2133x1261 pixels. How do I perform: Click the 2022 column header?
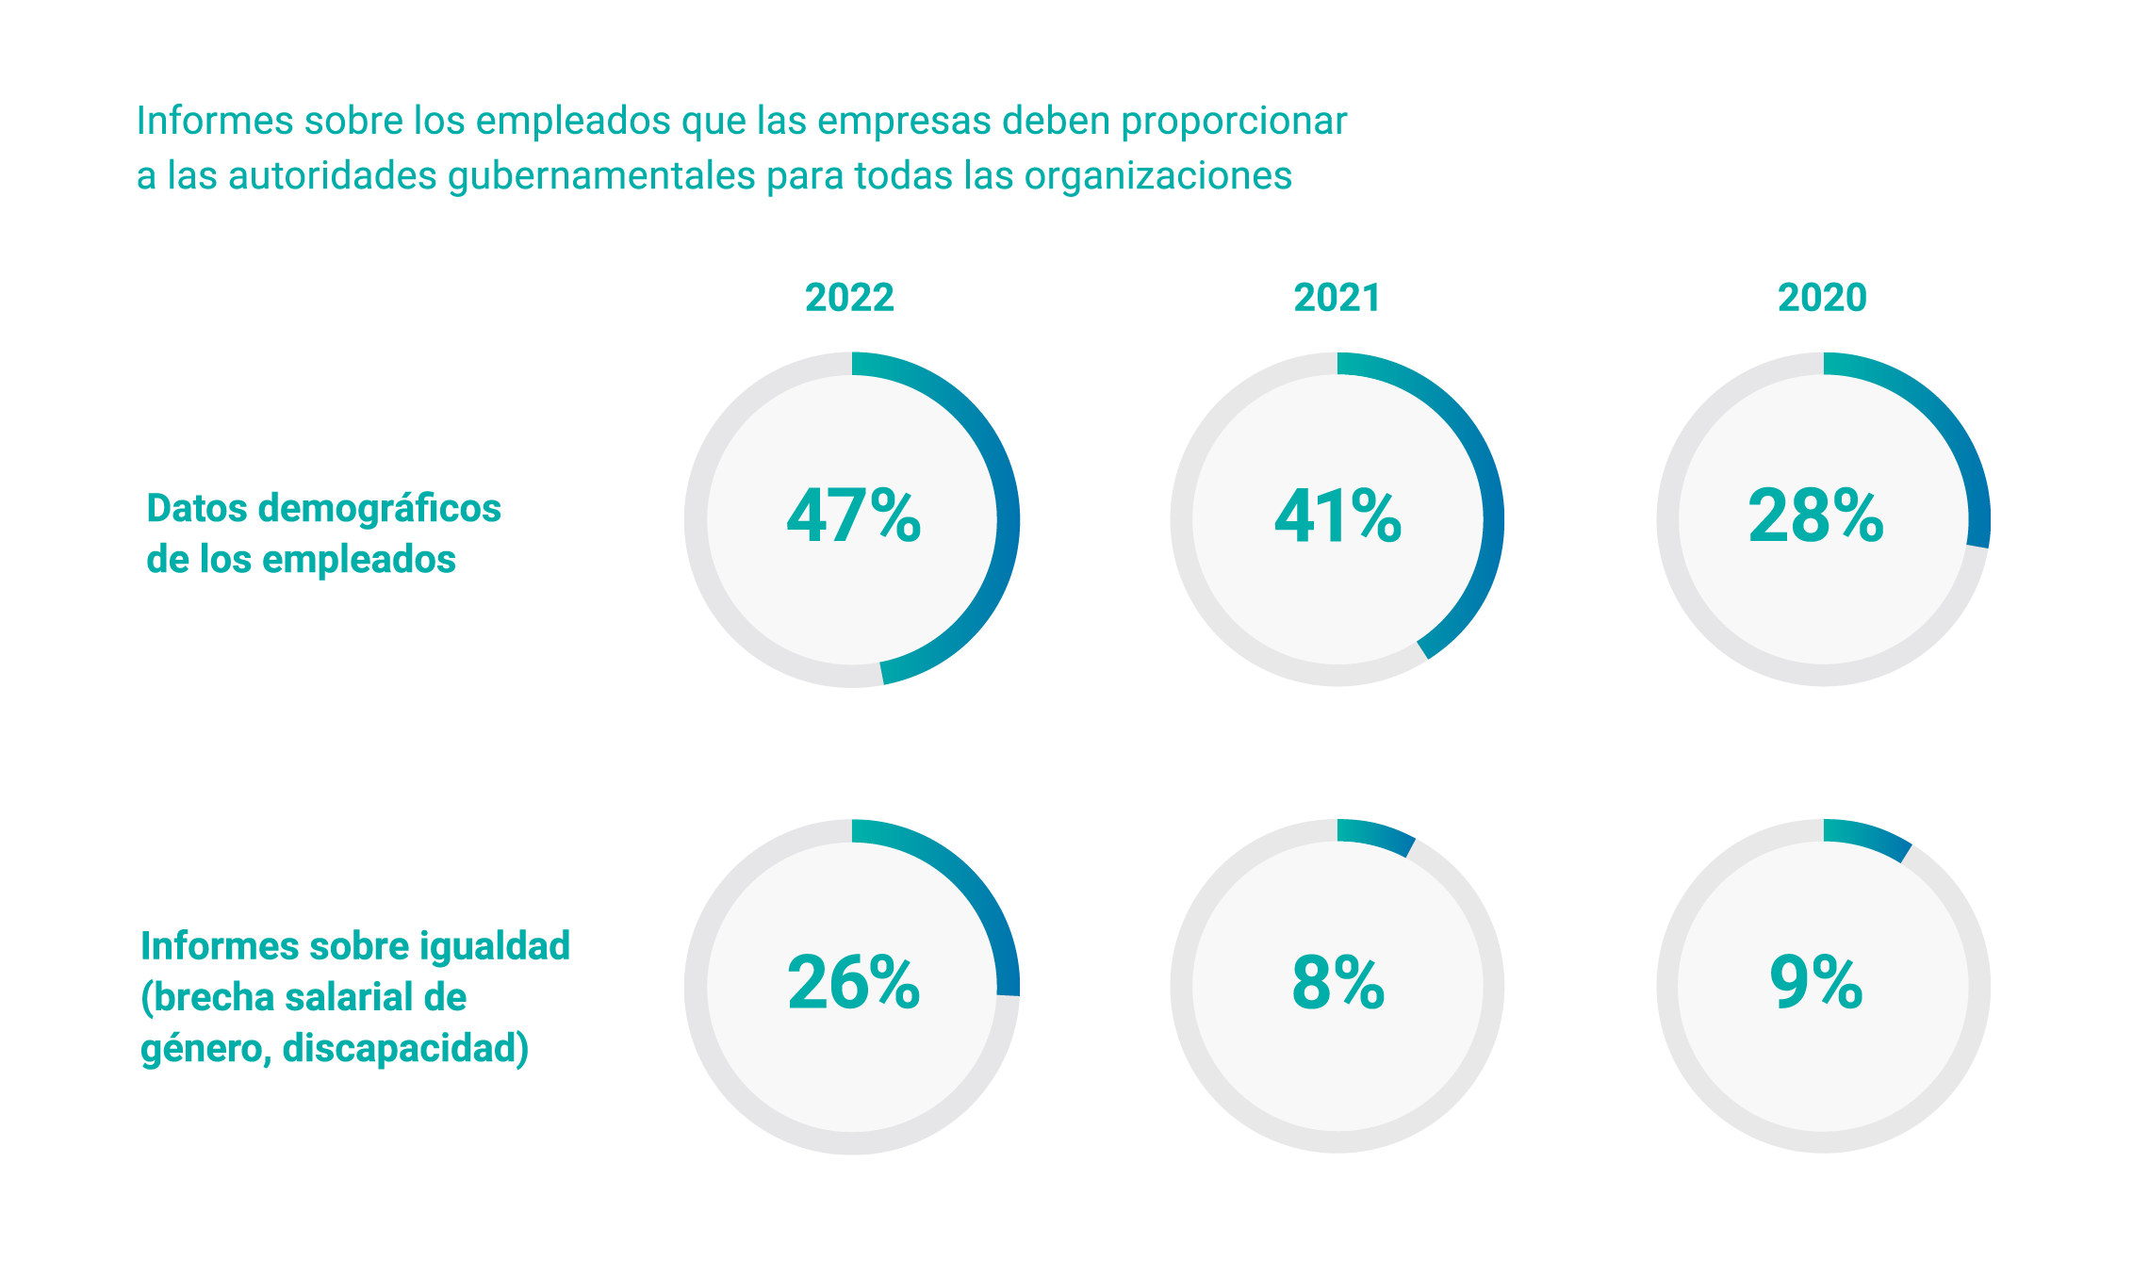(x=849, y=298)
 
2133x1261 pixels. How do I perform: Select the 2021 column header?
(x=1337, y=298)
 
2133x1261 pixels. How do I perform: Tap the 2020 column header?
(x=1822, y=298)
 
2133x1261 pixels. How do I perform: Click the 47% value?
(x=853, y=516)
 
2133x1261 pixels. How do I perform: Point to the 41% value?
(x=1337, y=516)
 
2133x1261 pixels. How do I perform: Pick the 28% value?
(x=1815, y=516)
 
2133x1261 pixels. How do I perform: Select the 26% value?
(x=853, y=983)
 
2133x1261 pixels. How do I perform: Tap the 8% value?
(x=1337, y=983)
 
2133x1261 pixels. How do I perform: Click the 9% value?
(x=1815, y=983)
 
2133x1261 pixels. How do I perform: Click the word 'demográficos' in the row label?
(x=379, y=509)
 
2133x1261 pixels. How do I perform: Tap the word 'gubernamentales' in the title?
(x=601, y=176)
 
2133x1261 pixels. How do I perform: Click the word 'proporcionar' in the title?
(x=1233, y=122)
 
